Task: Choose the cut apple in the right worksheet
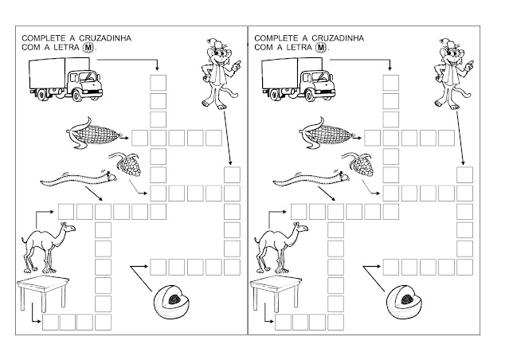coord(404,301)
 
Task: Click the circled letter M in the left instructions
coord(76,48)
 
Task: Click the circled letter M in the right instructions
coord(310,48)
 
